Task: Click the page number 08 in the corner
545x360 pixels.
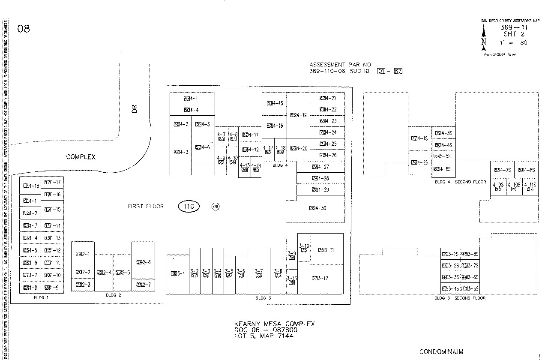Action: (x=24, y=29)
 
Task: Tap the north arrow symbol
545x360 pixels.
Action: (x=484, y=36)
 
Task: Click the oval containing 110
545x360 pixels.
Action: (x=189, y=207)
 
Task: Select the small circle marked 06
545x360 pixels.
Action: (x=216, y=207)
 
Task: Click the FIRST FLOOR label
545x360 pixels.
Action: (x=146, y=207)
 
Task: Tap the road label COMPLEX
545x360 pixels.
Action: (x=81, y=157)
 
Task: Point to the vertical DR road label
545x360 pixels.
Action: (x=135, y=109)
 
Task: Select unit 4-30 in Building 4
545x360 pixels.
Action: (x=317, y=208)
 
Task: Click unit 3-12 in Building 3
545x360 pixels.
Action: (x=320, y=279)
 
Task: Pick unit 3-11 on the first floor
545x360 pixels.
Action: (x=326, y=250)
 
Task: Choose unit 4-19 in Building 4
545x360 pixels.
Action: (x=299, y=115)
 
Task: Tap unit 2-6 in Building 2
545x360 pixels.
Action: (x=144, y=262)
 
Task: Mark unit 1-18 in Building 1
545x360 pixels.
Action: (x=31, y=186)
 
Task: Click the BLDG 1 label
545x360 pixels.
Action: (x=41, y=297)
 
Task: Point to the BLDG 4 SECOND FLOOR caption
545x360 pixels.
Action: (x=460, y=182)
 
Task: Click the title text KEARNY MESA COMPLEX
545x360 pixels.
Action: (x=274, y=324)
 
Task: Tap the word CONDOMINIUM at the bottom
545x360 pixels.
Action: (x=441, y=352)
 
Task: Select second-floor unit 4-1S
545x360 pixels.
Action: (x=419, y=138)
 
